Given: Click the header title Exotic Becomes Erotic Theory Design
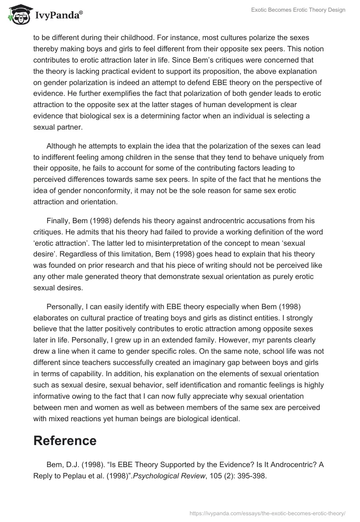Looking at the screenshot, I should click(298, 10).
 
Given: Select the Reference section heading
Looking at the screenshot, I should click(65, 441).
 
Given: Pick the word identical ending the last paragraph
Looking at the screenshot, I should click(225, 418).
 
